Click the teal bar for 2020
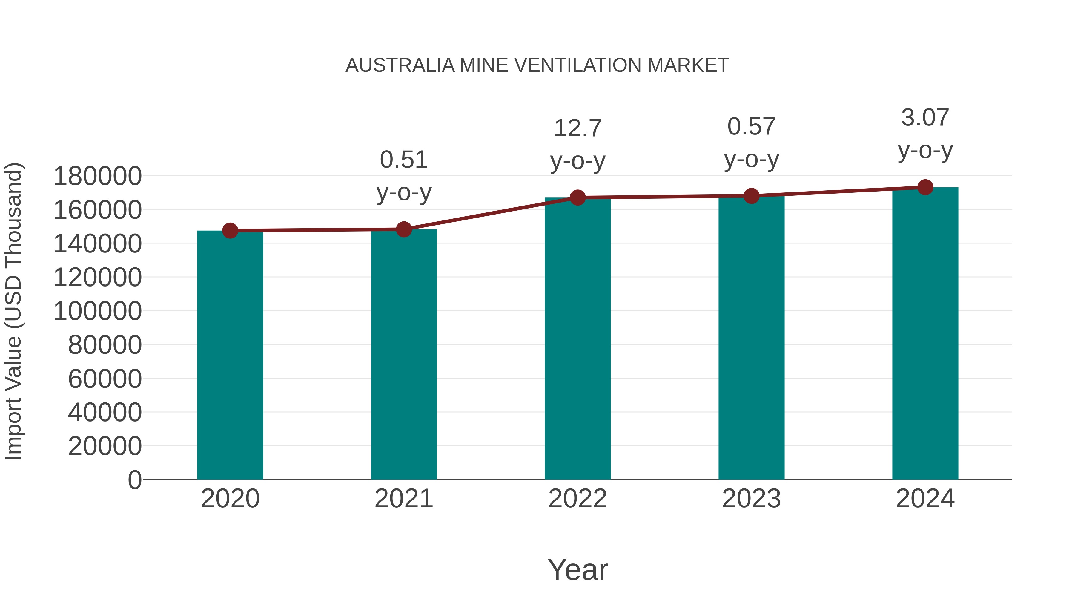(230, 355)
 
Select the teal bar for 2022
(578, 338)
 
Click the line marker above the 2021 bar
(403, 229)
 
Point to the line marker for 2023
(751, 196)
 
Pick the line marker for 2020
(230, 230)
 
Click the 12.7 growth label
(578, 128)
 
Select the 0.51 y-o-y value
(403, 160)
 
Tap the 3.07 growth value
(925, 117)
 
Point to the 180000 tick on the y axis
(98, 176)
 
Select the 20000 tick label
(105, 446)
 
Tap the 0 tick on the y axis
(135, 480)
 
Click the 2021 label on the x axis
(403, 499)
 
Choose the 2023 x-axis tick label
(751, 499)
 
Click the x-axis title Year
(578, 569)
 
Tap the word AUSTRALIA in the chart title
(400, 65)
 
